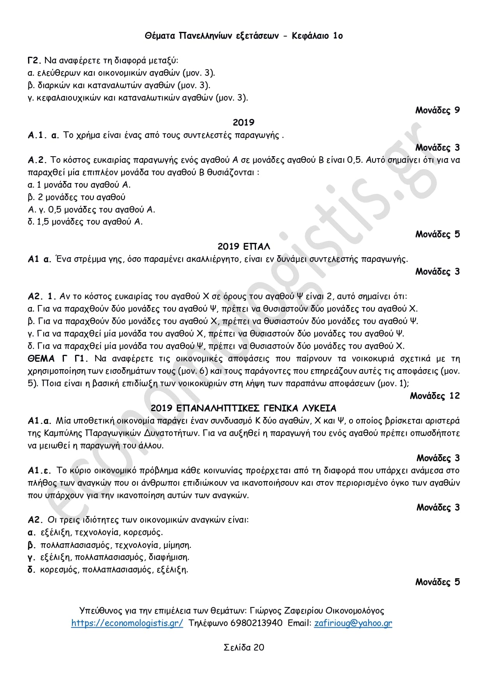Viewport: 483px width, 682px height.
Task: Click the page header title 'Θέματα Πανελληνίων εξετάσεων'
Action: [x=212, y=36]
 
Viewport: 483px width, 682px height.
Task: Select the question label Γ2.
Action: [x=34, y=61]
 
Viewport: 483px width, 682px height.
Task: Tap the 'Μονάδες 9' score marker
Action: [x=437, y=110]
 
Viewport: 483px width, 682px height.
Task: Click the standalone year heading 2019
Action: [x=243, y=122]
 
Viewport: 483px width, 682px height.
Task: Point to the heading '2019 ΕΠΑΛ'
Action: [x=243, y=247]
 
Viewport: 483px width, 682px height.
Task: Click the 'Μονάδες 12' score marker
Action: [x=434, y=396]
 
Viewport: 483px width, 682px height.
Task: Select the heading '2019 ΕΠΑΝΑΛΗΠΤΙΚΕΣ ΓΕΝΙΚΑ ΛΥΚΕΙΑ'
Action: [x=243, y=408]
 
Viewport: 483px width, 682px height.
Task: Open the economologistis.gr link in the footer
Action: [x=127, y=623]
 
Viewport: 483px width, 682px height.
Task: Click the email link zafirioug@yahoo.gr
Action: [x=353, y=623]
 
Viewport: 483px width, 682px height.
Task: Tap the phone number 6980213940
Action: [x=256, y=623]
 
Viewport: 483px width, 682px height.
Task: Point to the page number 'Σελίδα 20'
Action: [x=244, y=647]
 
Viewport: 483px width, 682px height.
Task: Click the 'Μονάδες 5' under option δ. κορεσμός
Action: [x=437, y=582]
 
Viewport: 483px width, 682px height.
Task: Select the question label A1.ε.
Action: [x=40, y=471]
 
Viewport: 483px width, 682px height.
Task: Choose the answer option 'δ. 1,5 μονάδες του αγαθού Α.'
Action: [x=85, y=222]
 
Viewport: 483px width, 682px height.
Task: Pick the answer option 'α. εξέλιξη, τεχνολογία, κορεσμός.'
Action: [x=95, y=532]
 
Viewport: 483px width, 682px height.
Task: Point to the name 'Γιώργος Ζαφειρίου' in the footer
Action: [x=286, y=611]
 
